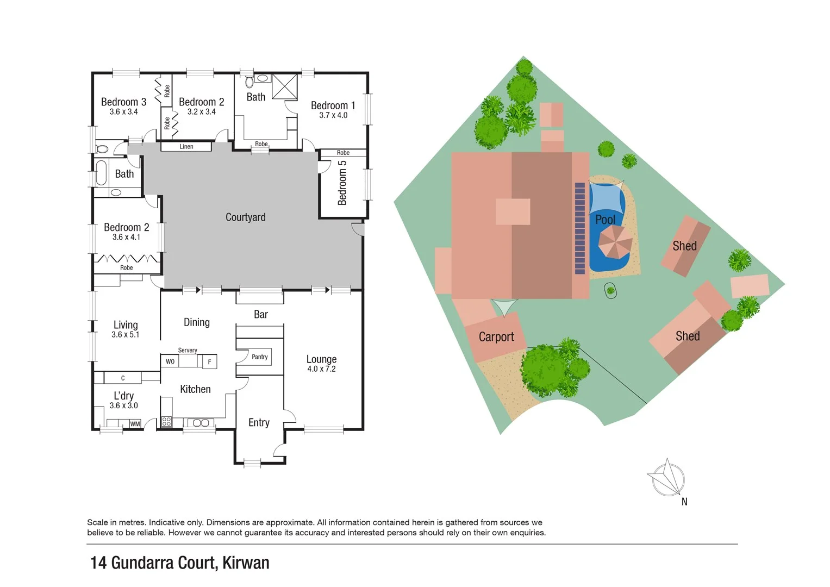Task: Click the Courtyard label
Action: click(245, 217)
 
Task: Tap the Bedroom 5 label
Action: click(342, 183)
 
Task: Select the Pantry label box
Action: click(260, 357)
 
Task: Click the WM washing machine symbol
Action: click(135, 424)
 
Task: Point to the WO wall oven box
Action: click(170, 361)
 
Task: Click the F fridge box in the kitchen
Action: click(209, 362)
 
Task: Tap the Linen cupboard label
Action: click(186, 147)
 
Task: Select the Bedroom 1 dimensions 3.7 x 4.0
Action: click(333, 115)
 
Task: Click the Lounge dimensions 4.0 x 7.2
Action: click(321, 369)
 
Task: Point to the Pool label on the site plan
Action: click(605, 220)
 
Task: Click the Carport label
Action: click(496, 337)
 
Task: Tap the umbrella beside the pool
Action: click(615, 242)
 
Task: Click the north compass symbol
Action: click(668, 479)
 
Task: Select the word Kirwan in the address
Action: click(246, 563)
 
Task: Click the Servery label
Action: click(188, 351)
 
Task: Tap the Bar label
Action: click(261, 315)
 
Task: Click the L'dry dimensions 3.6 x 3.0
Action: click(123, 405)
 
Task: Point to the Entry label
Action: click(259, 423)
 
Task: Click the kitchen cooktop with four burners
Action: click(166, 422)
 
